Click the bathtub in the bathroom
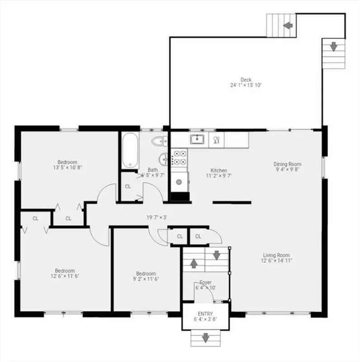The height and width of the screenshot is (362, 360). coord(130,151)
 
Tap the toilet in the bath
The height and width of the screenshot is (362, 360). coord(160,141)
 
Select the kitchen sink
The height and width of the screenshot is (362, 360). coord(197,139)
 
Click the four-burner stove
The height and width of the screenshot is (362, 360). coord(179,157)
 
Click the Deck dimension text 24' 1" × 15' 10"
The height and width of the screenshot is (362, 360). coord(246,85)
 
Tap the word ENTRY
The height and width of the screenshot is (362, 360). coord(205,314)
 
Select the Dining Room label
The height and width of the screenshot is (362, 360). coord(287,164)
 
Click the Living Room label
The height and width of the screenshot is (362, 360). coord(276,255)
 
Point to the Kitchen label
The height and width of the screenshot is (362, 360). coord(218,171)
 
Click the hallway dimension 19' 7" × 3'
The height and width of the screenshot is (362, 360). coord(156,217)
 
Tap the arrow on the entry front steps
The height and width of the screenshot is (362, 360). coord(205,338)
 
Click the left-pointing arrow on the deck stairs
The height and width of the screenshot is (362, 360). coord(288,25)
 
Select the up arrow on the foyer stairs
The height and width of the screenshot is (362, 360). coord(194,263)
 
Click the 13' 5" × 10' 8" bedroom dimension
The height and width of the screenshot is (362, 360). coord(67,167)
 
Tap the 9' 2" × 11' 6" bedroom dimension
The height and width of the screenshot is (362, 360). coord(146,279)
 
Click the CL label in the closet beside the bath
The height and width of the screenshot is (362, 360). coord(128,186)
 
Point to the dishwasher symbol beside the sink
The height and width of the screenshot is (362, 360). coord(216,140)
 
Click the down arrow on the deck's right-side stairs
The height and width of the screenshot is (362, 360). coord(333,47)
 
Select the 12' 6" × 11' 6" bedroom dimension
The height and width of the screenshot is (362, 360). coord(65,276)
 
